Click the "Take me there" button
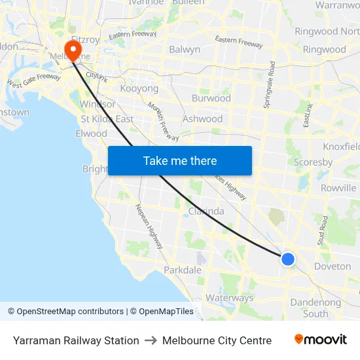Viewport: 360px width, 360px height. tap(180, 160)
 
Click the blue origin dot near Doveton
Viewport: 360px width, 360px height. tap(287, 259)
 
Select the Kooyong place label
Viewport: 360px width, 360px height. tap(139, 88)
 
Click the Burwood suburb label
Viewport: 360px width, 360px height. tap(211, 98)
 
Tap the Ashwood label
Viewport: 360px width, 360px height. tap(203, 119)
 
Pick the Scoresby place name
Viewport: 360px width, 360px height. tap(314, 162)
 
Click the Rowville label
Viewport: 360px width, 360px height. tap(338, 188)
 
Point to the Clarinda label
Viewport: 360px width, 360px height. tap(206, 211)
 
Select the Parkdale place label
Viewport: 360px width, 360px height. tap(183, 270)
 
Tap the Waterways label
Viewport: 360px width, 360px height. tap(229, 298)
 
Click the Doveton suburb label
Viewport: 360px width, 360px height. tap(333, 266)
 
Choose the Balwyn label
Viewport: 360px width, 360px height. tap(185, 49)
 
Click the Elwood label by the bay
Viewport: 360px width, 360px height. tap(91, 134)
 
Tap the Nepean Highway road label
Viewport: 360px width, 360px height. tap(149, 226)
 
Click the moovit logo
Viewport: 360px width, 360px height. tap(321, 340)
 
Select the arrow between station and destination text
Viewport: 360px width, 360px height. tap(151, 340)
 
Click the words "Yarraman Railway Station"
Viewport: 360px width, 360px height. tap(76, 340)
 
